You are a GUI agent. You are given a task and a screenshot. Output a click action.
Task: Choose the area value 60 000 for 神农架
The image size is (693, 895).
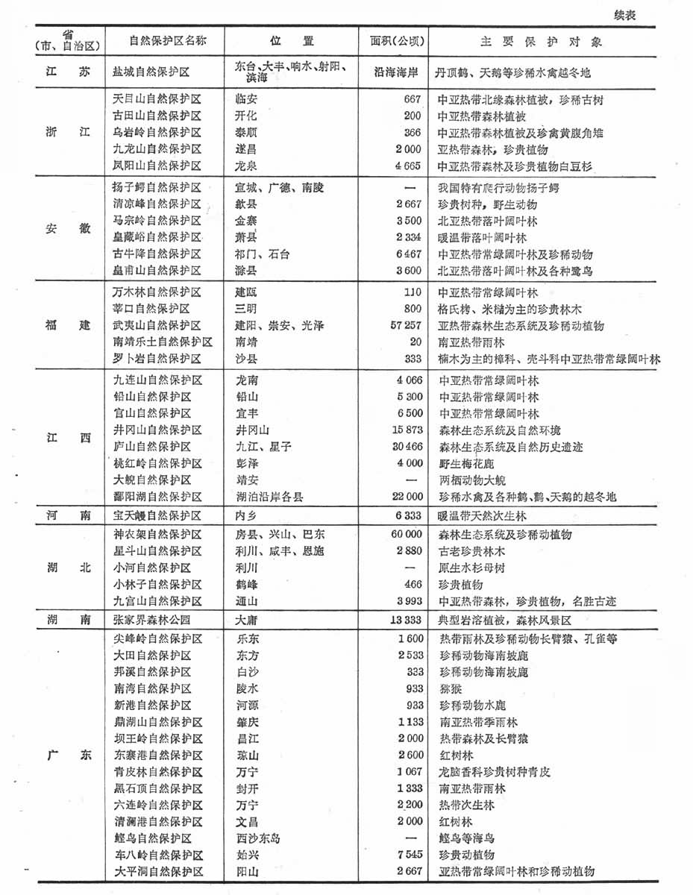click(x=403, y=535)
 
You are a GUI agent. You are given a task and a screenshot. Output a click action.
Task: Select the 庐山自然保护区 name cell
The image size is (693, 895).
click(x=152, y=446)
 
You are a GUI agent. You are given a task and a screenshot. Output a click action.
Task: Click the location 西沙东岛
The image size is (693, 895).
click(x=257, y=838)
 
